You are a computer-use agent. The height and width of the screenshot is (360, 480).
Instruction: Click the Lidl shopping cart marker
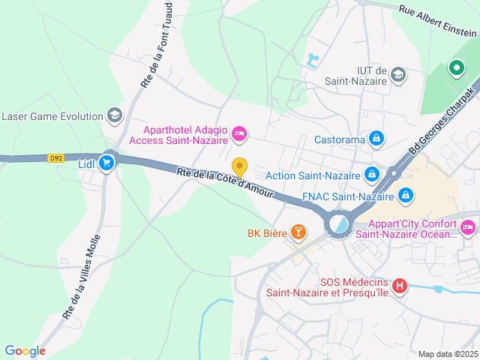click(x=106, y=162)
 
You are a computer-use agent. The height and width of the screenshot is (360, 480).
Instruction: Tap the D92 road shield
click(x=55, y=158)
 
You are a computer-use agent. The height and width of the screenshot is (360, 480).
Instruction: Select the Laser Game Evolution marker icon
click(x=114, y=115)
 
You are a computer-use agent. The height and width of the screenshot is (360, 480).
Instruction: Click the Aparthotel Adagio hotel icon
click(x=239, y=133)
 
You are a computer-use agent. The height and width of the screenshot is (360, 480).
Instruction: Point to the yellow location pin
click(x=239, y=167)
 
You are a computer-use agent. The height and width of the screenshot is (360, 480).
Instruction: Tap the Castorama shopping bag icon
click(x=376, y=139)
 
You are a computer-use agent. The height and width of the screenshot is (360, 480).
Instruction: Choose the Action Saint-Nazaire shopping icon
click(x=371, y=175)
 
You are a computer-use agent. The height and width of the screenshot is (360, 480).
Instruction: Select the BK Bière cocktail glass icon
click(x=298, y=232)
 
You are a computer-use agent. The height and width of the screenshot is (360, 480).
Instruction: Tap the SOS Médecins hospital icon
click(x=400, y=285)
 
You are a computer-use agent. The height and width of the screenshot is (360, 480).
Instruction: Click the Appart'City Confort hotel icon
click(x=468, y=226)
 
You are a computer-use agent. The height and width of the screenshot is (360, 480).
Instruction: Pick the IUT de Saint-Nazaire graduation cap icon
click(x=398, y=74)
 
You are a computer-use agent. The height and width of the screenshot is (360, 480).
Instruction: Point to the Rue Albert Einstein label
click(x=438, y=21)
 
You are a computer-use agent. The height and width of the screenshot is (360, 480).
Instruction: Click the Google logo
click(x=25, y=350)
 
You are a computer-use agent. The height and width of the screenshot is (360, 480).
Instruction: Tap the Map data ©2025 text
click(x=447, y=354)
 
